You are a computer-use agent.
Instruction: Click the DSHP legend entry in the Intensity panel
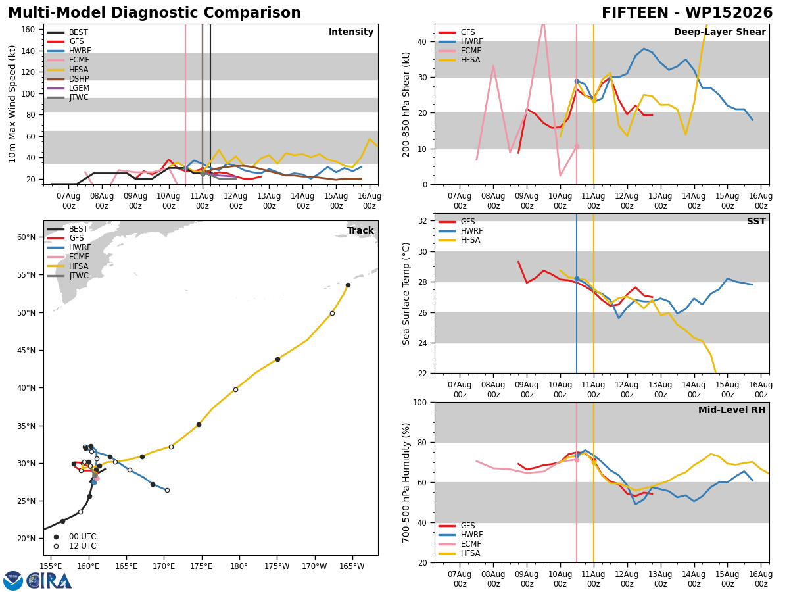68,79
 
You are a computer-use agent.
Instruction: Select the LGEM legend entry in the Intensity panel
68,88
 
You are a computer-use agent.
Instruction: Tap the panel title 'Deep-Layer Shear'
719,32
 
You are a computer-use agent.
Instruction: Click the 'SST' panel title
756,221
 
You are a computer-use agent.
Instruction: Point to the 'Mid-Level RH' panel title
732,410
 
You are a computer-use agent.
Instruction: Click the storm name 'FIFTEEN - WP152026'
687,13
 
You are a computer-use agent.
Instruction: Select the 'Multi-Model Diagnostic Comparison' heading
155,13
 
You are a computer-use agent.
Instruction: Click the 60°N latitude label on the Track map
26,237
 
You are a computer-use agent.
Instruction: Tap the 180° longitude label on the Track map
239,566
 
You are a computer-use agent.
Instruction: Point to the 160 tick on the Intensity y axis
28,30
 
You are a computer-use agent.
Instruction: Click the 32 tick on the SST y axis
423,221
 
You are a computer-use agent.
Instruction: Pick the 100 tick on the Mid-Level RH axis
420,402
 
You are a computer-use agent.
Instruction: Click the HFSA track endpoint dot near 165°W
348,285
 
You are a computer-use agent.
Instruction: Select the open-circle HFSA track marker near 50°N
332,314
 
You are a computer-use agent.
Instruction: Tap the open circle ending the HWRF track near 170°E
167,490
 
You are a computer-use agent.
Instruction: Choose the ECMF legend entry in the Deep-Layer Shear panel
460,51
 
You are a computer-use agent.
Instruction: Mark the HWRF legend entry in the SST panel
460,231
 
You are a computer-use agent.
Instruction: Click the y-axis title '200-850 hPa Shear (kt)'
406,105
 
